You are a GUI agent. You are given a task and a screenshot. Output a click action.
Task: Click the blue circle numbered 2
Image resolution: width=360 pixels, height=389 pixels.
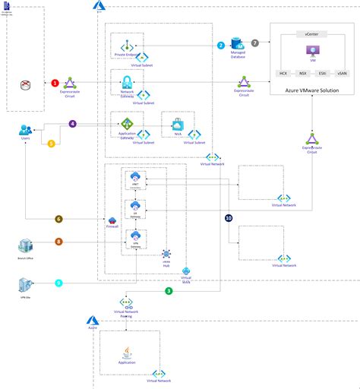(221, 46)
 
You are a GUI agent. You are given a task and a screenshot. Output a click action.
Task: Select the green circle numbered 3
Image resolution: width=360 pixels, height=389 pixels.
(168, 290)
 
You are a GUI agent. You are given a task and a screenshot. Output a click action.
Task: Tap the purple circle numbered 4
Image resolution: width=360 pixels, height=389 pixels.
(73, 123)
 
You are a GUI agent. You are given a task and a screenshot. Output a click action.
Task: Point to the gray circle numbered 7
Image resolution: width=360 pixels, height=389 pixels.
(255, 46)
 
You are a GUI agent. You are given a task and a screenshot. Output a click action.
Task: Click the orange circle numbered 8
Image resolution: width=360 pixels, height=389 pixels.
(58, 242)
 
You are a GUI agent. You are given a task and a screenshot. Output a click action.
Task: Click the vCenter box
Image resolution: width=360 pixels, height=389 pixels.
(311, 34)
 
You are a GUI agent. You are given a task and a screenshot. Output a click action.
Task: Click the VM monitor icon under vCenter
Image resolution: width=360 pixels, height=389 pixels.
(311, 51)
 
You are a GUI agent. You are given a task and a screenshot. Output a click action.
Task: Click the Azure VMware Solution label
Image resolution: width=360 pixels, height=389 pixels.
(311, 90)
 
